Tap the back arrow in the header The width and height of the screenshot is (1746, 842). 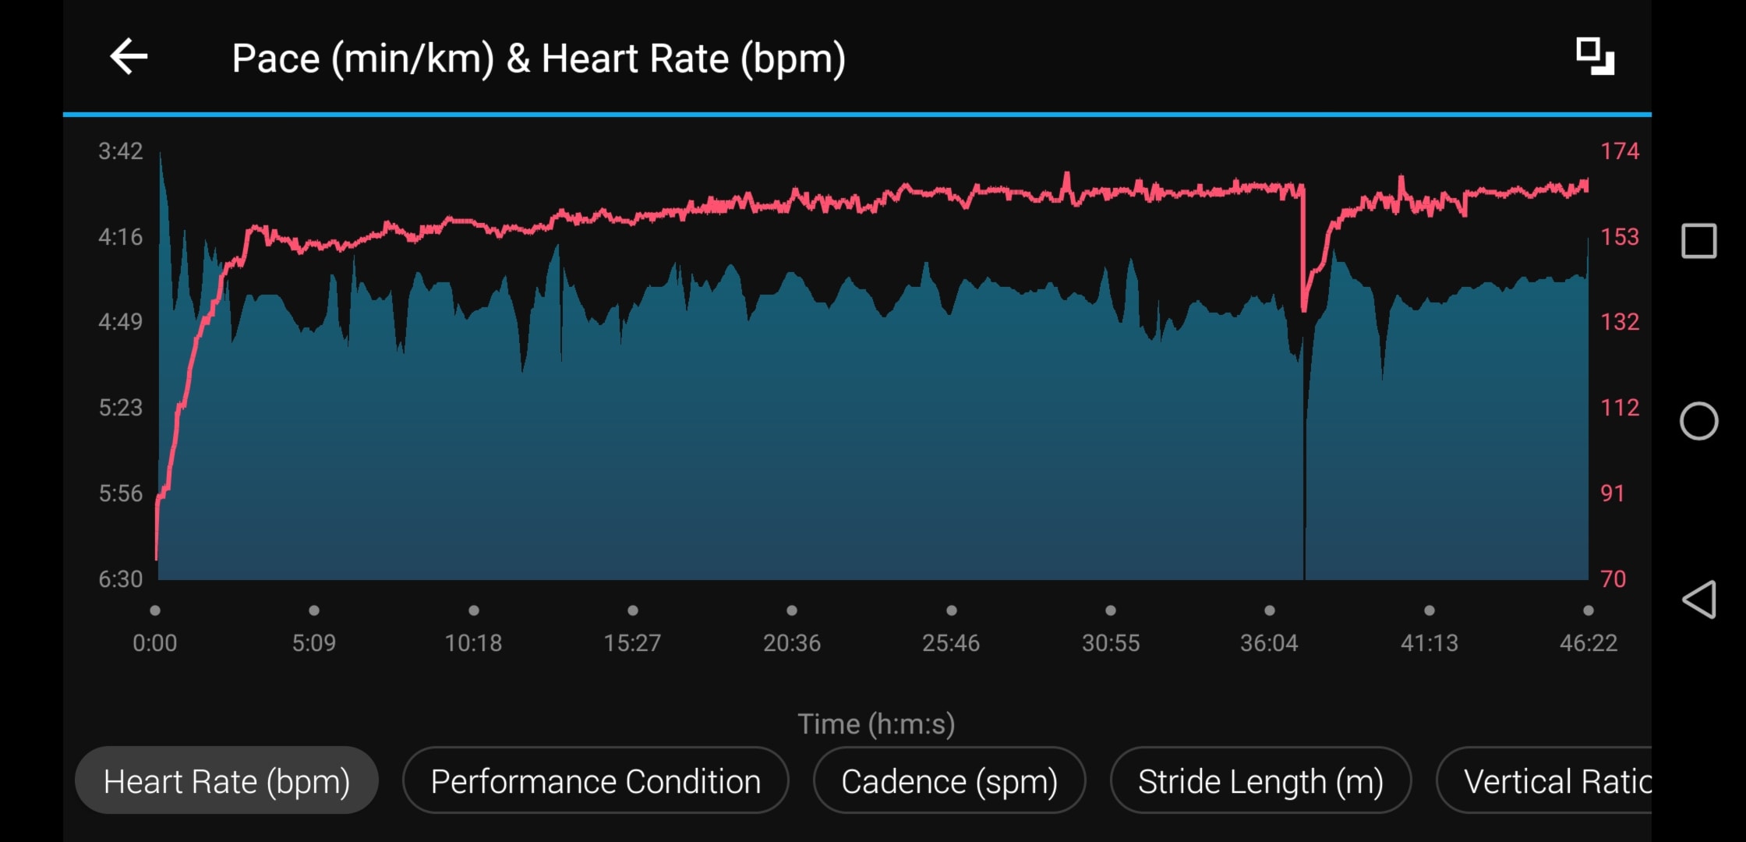pos(129,57)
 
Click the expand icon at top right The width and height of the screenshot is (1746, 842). pos(1595,56)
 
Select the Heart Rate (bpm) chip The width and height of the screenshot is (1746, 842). pos(227,781)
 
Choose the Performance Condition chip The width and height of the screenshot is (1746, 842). pos(596,781)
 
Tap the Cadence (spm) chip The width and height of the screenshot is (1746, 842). pos(949,781)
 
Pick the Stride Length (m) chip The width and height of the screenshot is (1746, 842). pos(1260,781)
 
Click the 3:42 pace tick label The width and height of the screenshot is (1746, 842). pos(121,151)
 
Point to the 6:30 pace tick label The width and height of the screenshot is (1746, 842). pos(121,579)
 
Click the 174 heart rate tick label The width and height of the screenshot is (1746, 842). pos(1620,151)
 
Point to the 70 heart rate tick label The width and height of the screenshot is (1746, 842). pos(1613,579)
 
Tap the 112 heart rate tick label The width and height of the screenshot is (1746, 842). pos(1620,408)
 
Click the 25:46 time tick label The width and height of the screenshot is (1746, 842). pos(951,643)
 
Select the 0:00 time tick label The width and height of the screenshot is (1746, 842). pos(155,643)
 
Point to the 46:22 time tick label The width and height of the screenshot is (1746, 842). pos(1589,643)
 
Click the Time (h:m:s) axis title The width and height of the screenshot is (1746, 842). pos(876,724)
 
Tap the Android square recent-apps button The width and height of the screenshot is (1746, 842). pos(1699,241)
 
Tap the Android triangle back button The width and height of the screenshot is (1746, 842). pos(1699,600)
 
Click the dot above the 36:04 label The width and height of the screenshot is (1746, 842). pos(1270,610)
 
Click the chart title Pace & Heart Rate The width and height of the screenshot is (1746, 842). pos(539,58)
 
